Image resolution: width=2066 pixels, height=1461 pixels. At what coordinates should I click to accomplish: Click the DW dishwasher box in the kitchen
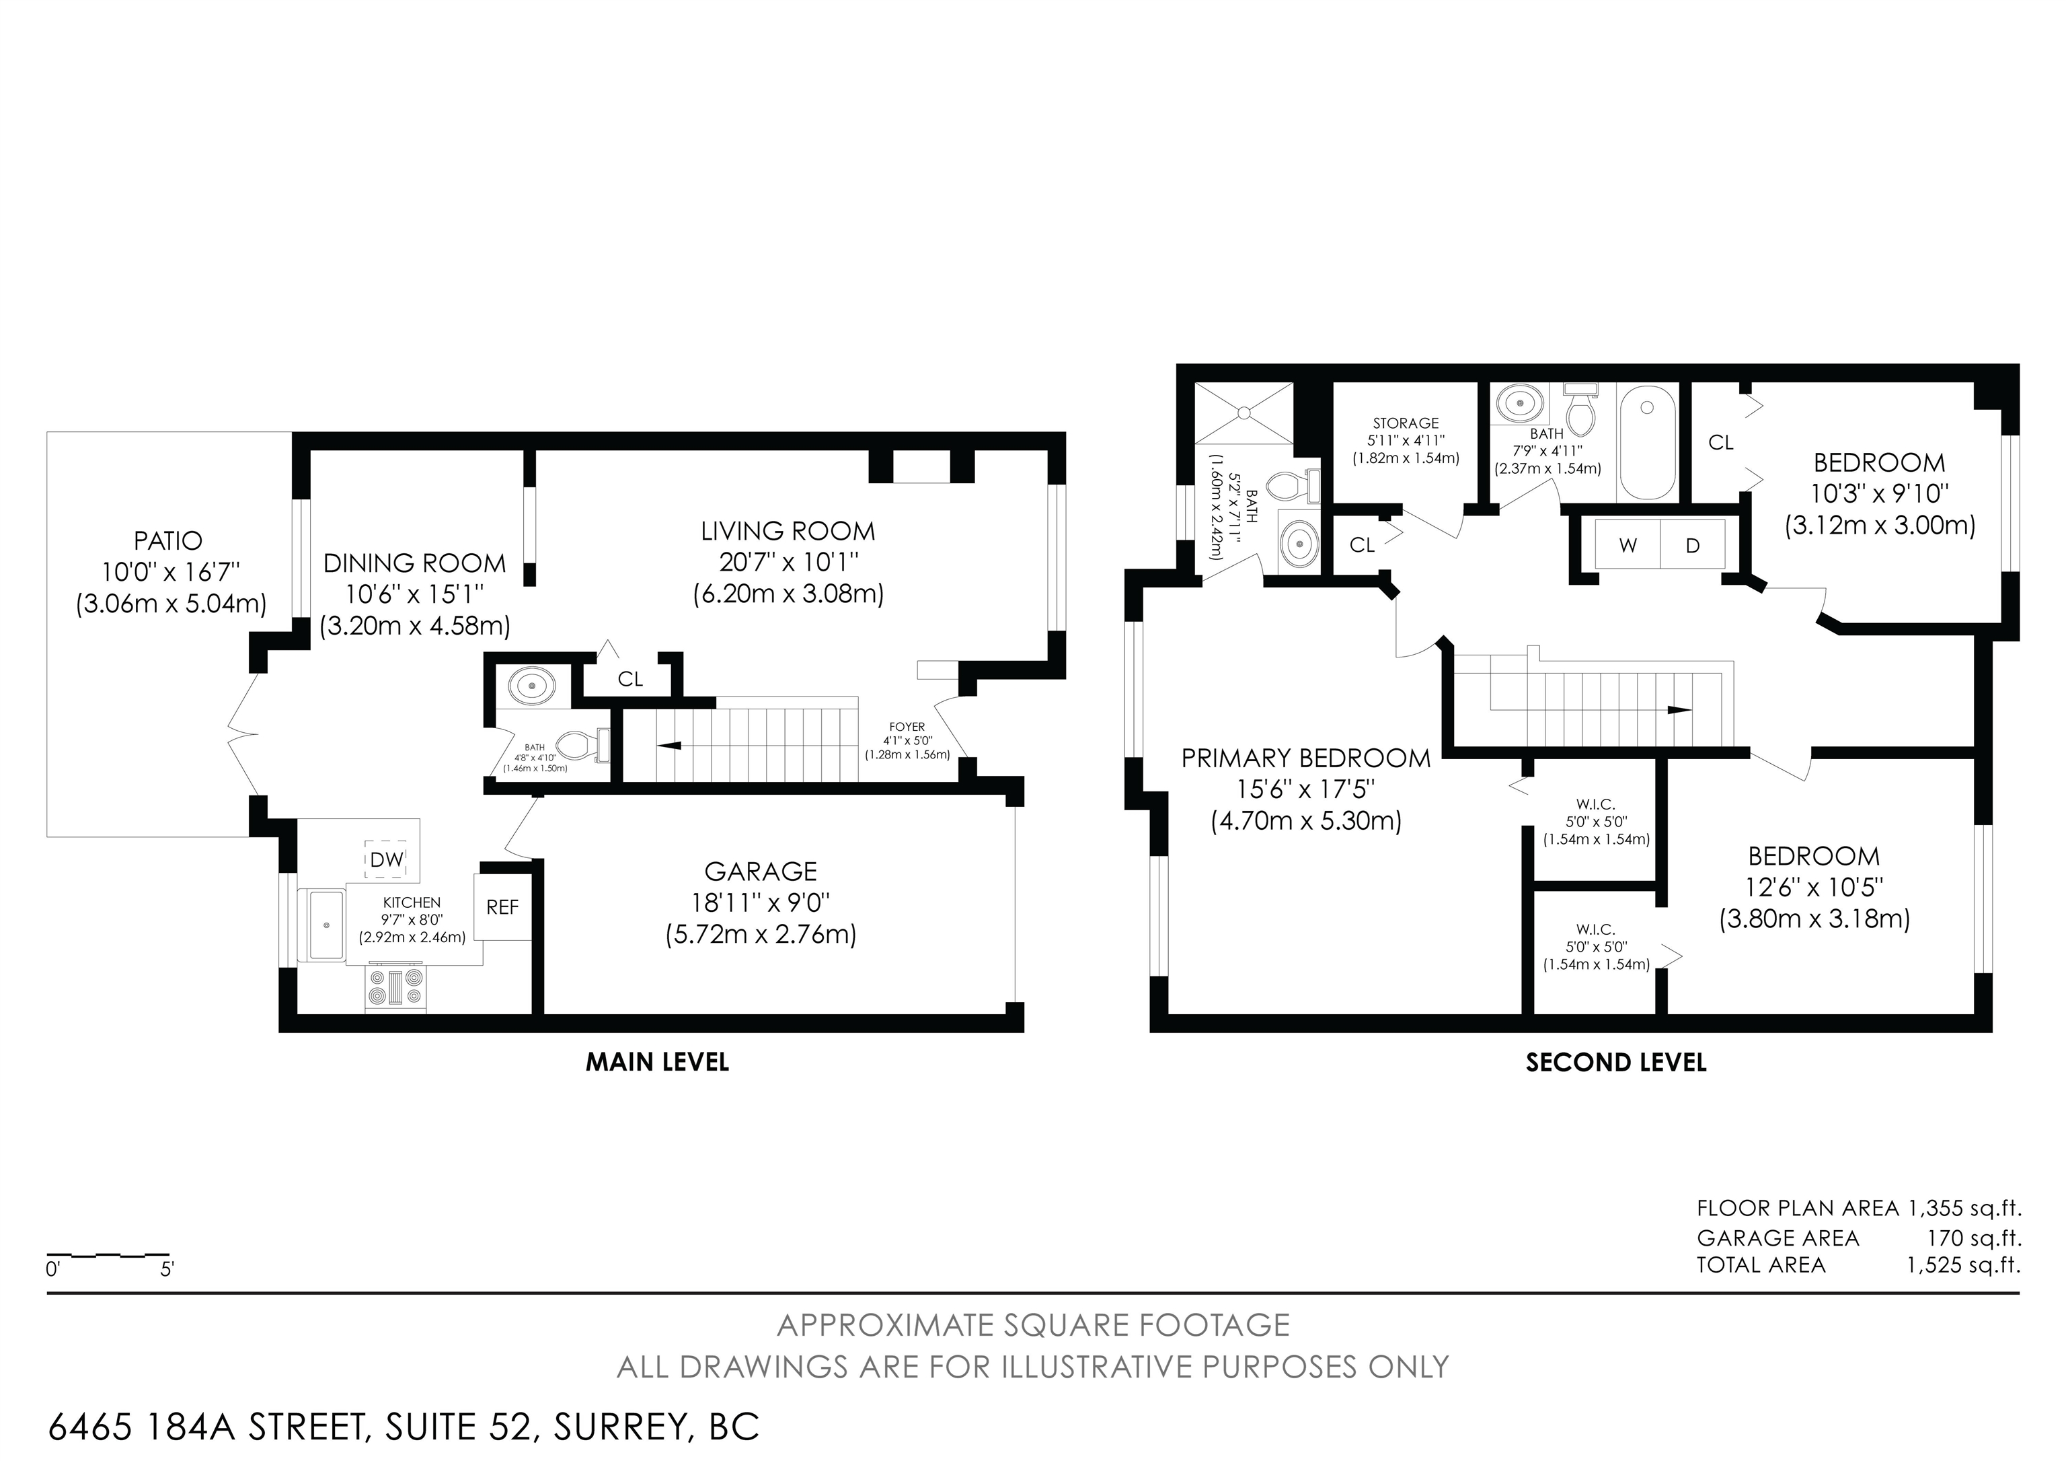pyautogui.click(x=387, y=859)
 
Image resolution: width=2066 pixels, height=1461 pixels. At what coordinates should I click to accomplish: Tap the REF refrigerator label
pyautogui.click(x=502, y=907)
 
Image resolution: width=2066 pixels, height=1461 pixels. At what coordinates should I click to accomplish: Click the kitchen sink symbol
pyautogui.click(x=326, y=925)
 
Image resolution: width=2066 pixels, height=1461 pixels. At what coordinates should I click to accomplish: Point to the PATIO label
pyautogui.click(x=168, y=541)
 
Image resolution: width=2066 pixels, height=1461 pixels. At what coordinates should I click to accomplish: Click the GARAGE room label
pyautogui.click(x=761, y=871)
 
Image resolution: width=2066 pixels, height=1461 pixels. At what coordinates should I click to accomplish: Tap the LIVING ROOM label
pyautogui.click(x=788, y=531)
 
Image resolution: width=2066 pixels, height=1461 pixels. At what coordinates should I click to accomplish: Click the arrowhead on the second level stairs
pyautogui.click(x=1679, y=709)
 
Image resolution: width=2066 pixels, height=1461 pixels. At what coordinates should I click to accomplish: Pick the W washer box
pyautogui.click(x=1627, y=544)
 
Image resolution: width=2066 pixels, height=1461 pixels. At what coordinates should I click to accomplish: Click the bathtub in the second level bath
pyautogui.click(x=1648, y=441)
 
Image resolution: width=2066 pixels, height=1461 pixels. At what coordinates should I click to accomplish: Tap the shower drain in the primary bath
pyautogui.click(x=1244, y=413)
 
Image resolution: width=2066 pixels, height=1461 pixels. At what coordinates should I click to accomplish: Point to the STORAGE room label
pyautogui.click(x=1406, y=423)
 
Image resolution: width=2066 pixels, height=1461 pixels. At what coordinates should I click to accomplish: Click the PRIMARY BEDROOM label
pyautogui.click(x=1305, y=758)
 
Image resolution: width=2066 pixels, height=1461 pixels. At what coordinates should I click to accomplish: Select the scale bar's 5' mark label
pyautogui.click(x=167, y=1270)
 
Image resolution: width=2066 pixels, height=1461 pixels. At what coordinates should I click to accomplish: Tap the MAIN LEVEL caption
pyautogui.click(x=657, y=1062)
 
